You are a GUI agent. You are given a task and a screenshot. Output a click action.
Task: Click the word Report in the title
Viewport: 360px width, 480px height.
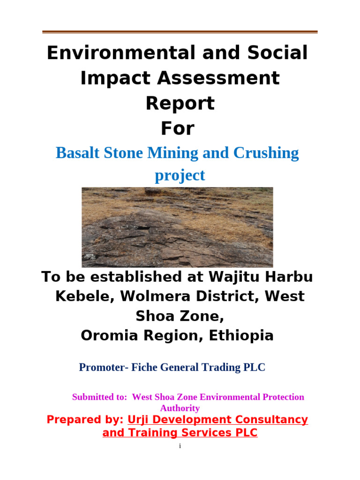tap(180, 103)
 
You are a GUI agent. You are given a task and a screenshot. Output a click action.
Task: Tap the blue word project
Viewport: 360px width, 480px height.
tap(180, 175)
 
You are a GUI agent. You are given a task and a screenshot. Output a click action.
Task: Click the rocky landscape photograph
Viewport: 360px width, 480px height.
tap(177, 227)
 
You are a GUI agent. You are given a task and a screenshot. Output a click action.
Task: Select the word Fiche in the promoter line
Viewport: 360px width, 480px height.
tap(143, 367)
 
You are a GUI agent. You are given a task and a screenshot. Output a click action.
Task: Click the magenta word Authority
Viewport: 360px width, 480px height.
tap(180, 408)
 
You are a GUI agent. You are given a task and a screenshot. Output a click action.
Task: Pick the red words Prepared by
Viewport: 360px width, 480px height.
tap(85, 420)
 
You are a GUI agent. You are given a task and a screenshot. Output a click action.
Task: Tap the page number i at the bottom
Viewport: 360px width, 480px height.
tap(180, 446)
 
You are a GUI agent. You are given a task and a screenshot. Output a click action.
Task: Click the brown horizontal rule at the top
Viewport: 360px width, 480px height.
tap(180, 32)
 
